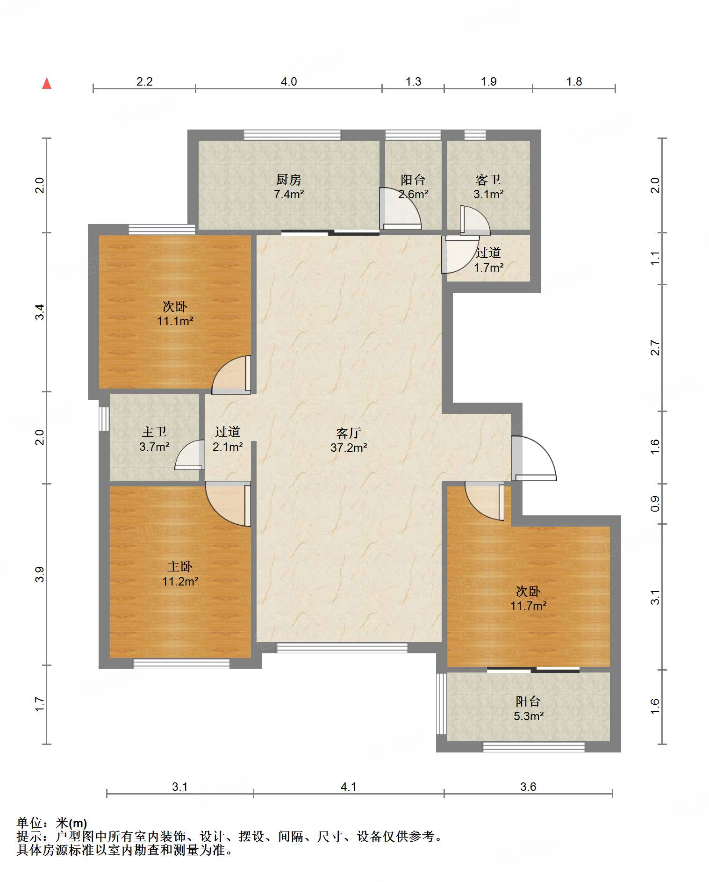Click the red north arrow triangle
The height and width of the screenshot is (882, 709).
[x=47, y=83]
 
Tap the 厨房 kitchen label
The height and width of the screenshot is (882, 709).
[x=288, y=180]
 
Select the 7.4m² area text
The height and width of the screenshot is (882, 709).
[x=289, y=194]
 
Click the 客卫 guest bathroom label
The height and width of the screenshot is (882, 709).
[x=488, y=180]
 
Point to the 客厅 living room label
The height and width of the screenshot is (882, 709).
[x=349, y=433]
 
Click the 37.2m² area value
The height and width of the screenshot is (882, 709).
[x=349, y=448]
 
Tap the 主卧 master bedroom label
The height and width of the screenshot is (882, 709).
[x=180, y=567]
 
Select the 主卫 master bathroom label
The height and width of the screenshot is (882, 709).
[x=154, y=432]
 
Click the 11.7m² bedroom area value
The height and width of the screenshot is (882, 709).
[x=529, y=606]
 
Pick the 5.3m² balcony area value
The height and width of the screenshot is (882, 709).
[x=529, y=716]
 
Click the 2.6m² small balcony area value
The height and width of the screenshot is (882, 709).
[x=413, y=194]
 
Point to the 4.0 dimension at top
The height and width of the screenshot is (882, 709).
[x=289, y=81]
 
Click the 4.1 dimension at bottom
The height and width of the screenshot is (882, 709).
[x=348, y=787]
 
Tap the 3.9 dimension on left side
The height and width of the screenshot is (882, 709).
[x=40, y=574]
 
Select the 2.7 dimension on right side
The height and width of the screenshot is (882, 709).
[x=655, y=348]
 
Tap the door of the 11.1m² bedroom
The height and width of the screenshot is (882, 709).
[x=231, y=375]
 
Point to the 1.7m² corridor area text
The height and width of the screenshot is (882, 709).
[x=488, y=267]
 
